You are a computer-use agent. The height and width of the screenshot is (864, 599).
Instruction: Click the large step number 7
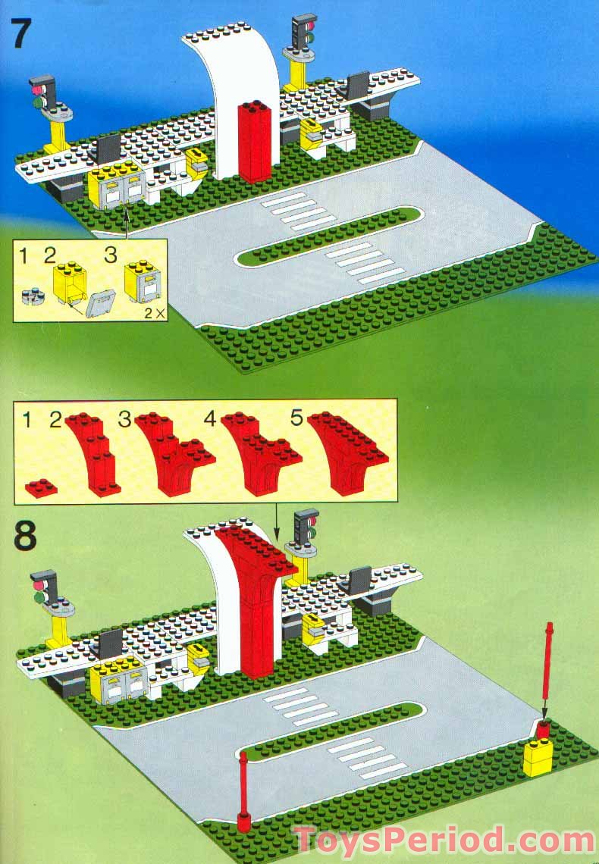pyautogui.click(x=22, y=33)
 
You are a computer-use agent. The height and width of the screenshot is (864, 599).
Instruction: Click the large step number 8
pyautogui.click(x=25, y=534)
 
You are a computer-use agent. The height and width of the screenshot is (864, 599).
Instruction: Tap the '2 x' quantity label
pyautogui.click(x=154, y=314)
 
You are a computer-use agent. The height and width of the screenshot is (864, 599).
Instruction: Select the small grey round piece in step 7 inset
pyautogui.click(x=33, y=296)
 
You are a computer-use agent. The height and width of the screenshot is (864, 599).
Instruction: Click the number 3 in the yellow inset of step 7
pyautogui.click(x=110, y=255)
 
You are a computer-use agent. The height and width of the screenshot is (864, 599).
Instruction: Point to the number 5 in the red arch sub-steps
pyautogui.click(x=296, y=418)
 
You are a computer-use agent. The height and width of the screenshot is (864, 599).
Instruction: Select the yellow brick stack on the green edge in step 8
pyautogui.click(x=538, y=756)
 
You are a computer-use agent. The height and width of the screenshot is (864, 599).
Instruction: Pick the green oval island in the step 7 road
pyautogui.click(x=329, y=236)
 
